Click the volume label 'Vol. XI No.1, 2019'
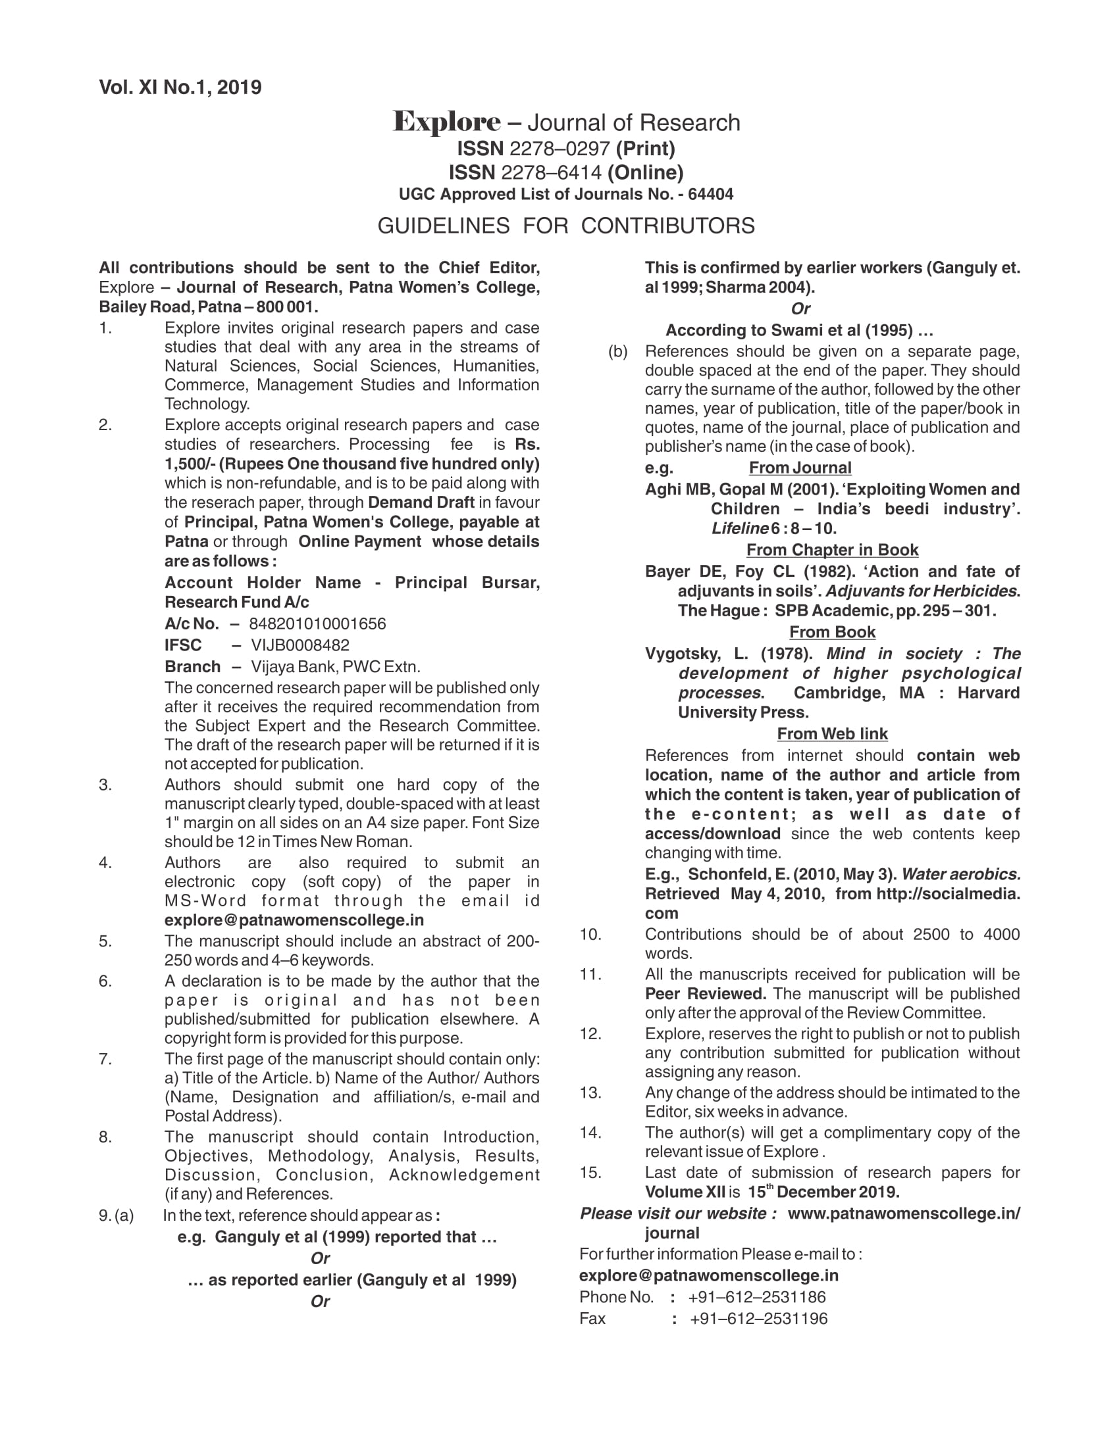(180, 87)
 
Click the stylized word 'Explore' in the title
(446, 122)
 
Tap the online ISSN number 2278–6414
(551, 172)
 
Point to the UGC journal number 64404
(711, 194)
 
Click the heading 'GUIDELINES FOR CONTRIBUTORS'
(565, 226)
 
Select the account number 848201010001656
(317, 624)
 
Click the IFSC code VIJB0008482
(299, 645)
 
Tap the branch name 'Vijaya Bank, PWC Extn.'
(335, 666)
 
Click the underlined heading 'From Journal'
(800, 468)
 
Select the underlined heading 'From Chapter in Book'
(832, 550)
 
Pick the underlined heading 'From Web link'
(832, 733)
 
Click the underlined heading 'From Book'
(832, 632)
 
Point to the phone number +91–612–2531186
(757, 1296)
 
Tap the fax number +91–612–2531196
(758, 1319)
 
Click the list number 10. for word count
(590, 934)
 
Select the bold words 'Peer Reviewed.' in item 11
(706, 994)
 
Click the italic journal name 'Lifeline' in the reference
(739, 528)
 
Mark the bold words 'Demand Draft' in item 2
(421, 503)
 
